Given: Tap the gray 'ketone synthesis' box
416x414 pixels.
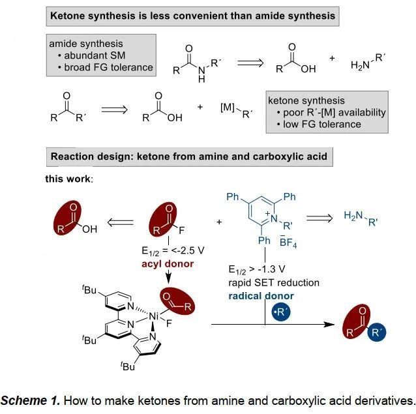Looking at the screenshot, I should coord(327,112).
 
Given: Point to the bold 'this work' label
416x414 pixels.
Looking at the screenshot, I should coord(68,178).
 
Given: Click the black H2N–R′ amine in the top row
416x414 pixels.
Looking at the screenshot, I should coord(368,61).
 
